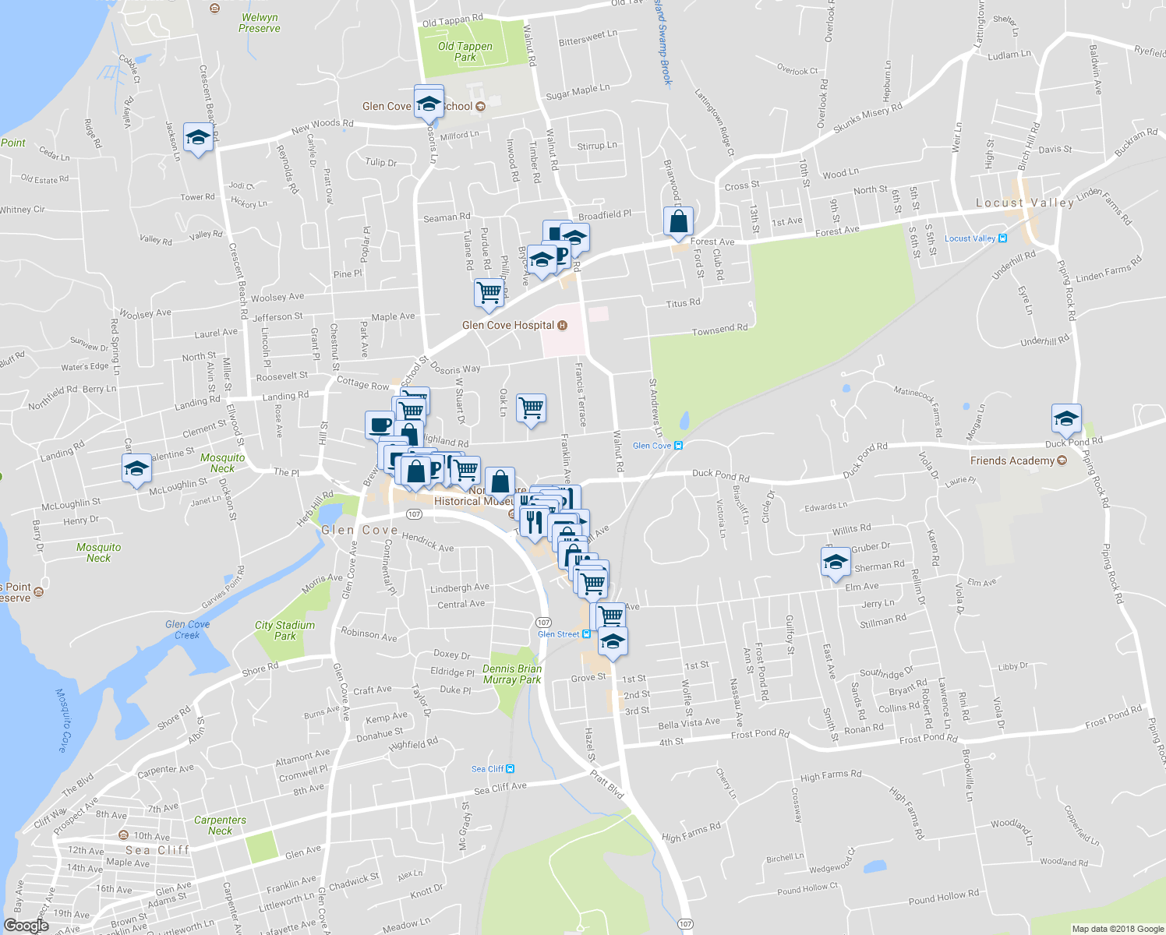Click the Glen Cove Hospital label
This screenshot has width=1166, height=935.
point(508,325)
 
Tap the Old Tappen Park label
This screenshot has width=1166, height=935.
point(465,51)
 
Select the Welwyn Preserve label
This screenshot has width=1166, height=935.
point(260,23)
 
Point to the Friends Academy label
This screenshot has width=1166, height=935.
point(1012,460)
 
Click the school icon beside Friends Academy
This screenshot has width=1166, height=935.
point(1065,418)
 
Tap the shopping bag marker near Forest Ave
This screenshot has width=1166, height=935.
point(679,221)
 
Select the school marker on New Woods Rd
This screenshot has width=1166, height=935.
point(199,138)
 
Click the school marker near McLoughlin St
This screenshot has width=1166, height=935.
point(136,468)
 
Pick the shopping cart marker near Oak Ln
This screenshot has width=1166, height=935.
point(531,408)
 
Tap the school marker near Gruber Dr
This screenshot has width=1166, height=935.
point(836,562)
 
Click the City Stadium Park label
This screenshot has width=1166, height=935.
point(284,630)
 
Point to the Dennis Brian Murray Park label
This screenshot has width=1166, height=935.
point(512,674)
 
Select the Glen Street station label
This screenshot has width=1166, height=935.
point(559,634)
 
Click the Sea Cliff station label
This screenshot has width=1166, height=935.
point(488,769)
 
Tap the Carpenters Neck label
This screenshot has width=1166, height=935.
point(220,825)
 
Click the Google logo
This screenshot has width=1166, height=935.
point(26,926)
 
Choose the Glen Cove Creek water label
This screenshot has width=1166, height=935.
point(187,630)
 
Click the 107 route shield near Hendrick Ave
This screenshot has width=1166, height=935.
point(414,514)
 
